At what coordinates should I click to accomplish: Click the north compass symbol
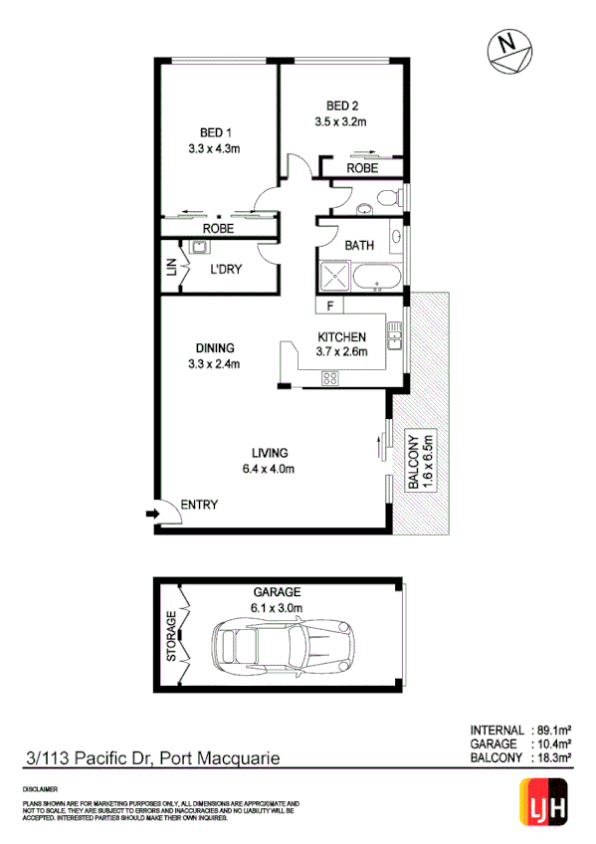510,49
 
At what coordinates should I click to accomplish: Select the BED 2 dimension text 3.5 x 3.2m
340,123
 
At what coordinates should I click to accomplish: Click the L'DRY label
227,269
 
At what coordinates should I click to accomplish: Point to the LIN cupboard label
170,267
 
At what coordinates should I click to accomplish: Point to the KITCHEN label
341,336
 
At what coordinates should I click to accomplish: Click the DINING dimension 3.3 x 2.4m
215,363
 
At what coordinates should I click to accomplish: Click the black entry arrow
151,513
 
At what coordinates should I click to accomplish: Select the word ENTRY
199,506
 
